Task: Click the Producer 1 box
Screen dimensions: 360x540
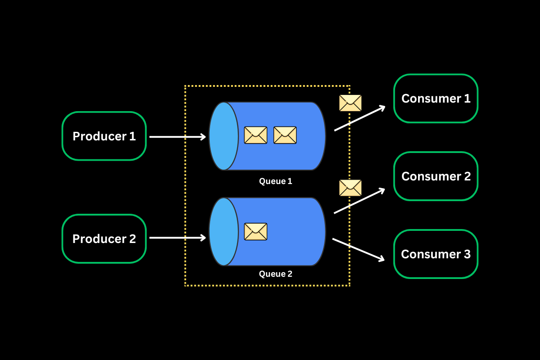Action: click(x=104, y=136)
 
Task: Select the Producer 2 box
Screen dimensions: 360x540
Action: click(x=104, y=238)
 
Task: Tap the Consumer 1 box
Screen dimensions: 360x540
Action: click(x=436, y=99)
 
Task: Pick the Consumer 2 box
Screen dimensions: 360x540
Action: click(x=436, y=176)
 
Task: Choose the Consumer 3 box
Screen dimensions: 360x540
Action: click(x=436, y=254)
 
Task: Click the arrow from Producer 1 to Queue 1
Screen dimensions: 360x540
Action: click(x=177, y=136)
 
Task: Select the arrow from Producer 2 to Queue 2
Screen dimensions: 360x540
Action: click(x=177, y=238)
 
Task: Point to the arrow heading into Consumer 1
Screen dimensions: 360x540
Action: click(x=360, y=118)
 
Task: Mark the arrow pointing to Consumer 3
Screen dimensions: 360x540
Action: click(x=358, y=249)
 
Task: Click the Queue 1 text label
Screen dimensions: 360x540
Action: click(x=275, y=181)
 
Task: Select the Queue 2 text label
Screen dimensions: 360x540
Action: click(x=275, y=274)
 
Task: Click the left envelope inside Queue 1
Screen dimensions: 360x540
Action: click(x=256, y=135)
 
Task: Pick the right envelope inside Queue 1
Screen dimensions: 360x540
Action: click(x=285, y=135)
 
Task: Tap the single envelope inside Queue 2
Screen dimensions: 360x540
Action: click(x=256, y=231)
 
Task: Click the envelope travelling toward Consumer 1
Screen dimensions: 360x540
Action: click(x=350, y=103)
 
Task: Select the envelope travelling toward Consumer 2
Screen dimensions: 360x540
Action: click(x=350, y=188)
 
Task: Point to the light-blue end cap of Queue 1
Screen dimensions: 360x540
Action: click(x=223, y=136)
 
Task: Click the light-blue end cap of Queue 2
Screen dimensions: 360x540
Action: click(x=223, y=232)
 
